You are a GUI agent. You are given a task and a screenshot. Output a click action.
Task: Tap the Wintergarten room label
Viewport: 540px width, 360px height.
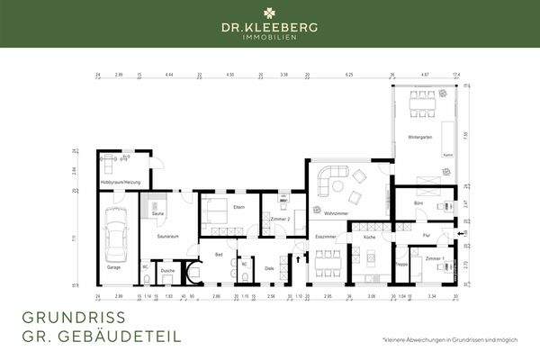point(420,137)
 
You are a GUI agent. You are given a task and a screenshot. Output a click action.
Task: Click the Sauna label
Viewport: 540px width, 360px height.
point(157,214)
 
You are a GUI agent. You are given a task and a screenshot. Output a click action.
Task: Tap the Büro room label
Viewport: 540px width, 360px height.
point(419,204)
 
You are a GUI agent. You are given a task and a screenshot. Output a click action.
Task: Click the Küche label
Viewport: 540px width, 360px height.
point(370,236)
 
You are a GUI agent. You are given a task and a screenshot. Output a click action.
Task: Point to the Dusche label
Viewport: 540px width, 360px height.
point(167,270)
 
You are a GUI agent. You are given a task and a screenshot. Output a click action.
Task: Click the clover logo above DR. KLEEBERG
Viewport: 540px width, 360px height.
point(270,13)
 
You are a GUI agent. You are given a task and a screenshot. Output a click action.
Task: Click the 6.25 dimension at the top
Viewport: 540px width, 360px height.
point(349,76)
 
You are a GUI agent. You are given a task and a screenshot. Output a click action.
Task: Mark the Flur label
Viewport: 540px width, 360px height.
point(427,235)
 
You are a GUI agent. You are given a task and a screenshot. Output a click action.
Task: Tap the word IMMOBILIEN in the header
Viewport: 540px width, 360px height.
point(270,42)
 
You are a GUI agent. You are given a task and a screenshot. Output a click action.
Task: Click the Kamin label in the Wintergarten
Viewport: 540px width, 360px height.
point(446,155)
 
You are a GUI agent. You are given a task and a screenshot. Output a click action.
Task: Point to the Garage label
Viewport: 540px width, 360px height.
point(113,267)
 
